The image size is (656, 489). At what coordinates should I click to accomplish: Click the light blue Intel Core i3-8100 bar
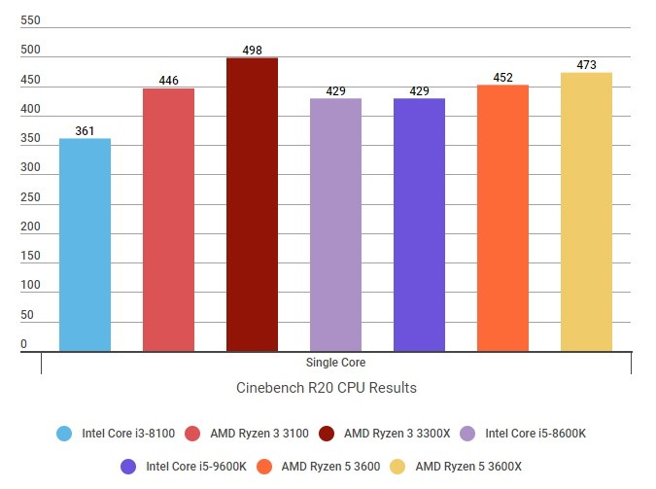coord(85,245)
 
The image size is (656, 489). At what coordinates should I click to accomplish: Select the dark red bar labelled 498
coord(252,204)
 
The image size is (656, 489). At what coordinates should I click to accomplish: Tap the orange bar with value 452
coord(502,218)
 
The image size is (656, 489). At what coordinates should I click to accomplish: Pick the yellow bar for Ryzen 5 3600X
coord(586,212)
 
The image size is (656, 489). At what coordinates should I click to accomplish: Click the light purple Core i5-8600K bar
coord(335,225)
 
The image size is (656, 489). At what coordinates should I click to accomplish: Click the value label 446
coord(168,81)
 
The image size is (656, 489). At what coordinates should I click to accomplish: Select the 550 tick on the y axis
coord(31,20)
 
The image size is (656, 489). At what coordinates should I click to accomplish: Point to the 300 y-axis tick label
coord(31,168)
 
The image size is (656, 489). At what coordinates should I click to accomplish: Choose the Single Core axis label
coord(335,363)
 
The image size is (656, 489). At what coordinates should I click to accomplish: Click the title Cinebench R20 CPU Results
coord(327,388)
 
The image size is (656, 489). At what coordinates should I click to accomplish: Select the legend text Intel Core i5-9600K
coord(196,466)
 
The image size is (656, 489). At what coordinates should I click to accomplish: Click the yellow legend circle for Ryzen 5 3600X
coord(396,466)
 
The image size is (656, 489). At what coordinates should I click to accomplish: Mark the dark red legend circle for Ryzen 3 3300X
coord(326,434)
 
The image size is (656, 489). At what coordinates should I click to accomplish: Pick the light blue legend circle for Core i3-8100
coord(64,434)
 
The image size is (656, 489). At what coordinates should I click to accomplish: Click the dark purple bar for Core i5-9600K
coord(419,225)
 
